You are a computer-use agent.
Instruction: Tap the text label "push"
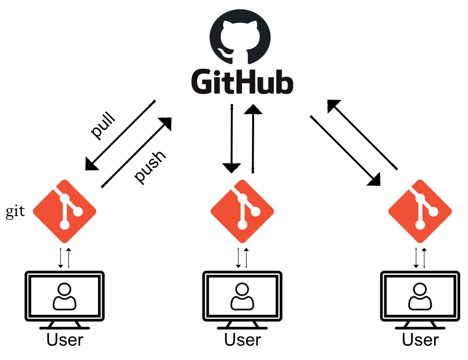click(151, 167)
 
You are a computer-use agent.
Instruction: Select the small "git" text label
click(15, 212)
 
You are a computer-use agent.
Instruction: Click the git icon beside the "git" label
click(64, 211)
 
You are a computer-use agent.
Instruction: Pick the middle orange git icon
click(242, 211)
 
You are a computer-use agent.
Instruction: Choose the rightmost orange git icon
click(420, 211)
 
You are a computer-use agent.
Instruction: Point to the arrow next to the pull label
click(120, 135)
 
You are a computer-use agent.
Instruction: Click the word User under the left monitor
click(64, 340)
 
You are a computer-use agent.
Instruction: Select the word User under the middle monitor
click(242, 340)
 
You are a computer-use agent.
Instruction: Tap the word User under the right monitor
click(420, 340)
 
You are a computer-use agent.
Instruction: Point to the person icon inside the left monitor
click(64, 297)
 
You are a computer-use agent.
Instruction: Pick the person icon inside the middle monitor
click(242, 297)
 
